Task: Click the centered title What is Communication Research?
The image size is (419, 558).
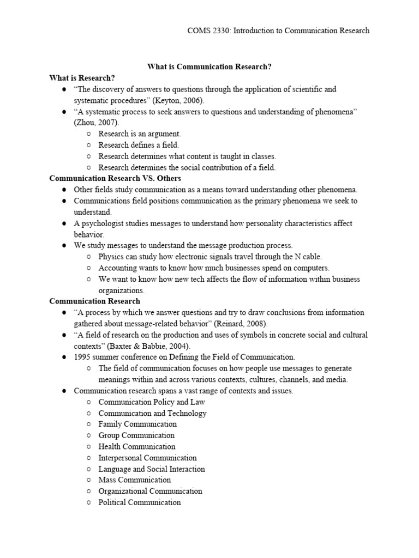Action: click(x=209, y=66)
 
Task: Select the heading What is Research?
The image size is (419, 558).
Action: click(x=82, y=78)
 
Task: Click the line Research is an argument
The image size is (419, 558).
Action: click(x=139, y=134)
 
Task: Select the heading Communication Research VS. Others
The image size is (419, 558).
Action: click(x=115, y=178)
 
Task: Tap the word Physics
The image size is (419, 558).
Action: click(x=111, y=257)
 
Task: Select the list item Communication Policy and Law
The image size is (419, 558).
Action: click(x=152, y=402)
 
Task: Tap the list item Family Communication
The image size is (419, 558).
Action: click(x=137, y=424)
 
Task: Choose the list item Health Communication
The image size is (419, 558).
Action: click(x=137, y=446)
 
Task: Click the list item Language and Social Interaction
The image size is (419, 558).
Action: click(x=152, y=469)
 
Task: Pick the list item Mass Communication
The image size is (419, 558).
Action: click(x=134, y=480)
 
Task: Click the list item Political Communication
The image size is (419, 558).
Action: click(x=139, y=502)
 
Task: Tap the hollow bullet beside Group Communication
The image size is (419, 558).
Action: click(x=89, y=435)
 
